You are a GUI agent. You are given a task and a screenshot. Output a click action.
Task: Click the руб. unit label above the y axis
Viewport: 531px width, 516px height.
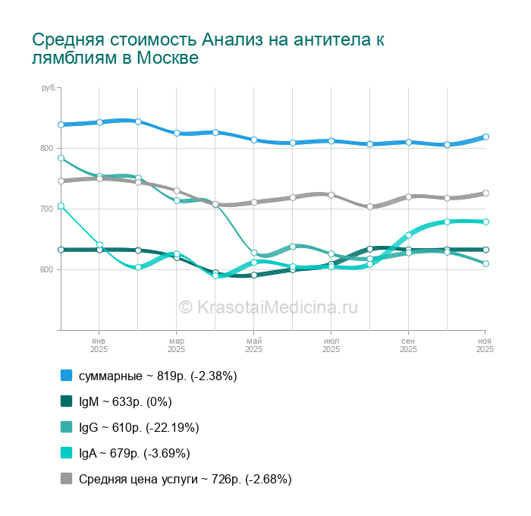point(49,89)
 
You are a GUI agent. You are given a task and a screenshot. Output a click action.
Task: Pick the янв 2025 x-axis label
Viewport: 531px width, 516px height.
point(99,345)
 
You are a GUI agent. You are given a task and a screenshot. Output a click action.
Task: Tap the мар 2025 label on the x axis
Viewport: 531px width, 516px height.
point(176,345)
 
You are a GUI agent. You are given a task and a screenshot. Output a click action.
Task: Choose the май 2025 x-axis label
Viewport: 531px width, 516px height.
point(253,345)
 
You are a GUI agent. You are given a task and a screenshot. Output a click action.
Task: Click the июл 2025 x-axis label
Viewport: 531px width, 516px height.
point(331,345)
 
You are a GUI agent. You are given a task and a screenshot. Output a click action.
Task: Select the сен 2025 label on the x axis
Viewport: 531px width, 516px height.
point(408,345)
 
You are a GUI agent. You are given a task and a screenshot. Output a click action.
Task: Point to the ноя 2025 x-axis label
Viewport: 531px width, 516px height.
point(485,345)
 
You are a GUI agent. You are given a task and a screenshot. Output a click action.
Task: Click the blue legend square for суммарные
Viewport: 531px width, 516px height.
point(66,376)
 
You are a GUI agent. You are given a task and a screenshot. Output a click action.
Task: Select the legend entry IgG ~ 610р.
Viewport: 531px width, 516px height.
point(139,427)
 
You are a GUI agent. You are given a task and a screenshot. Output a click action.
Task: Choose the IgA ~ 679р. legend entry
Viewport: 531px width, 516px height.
point(134,453)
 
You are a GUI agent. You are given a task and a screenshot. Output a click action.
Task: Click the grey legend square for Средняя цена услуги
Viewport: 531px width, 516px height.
point(66,479)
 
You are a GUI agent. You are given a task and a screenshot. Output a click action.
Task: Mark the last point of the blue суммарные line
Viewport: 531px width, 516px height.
point(485,137)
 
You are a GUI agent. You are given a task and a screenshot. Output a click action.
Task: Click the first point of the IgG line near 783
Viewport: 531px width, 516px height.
point(61,159)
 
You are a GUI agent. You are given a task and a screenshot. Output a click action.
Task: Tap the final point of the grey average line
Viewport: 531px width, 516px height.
point(485,193)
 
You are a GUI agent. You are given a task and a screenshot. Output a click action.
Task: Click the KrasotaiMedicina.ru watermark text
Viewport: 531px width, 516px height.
point(268,307)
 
